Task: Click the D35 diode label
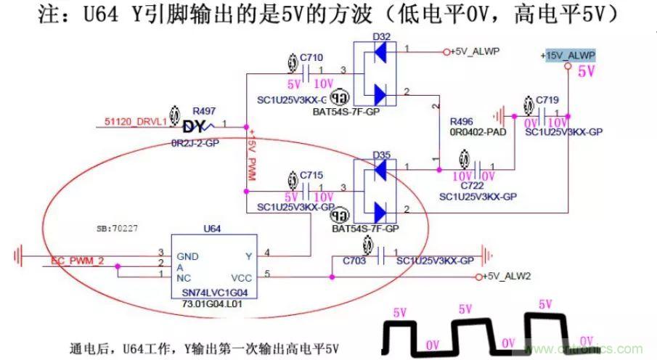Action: point(379,155)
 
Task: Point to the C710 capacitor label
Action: point(311,56)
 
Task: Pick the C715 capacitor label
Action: point(311,176)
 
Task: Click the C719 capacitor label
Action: point(547,99)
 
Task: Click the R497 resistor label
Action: point(204,111)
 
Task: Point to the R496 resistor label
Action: point(462,121)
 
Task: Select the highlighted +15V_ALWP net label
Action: point(568,56)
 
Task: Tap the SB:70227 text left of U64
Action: point(118,228)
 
